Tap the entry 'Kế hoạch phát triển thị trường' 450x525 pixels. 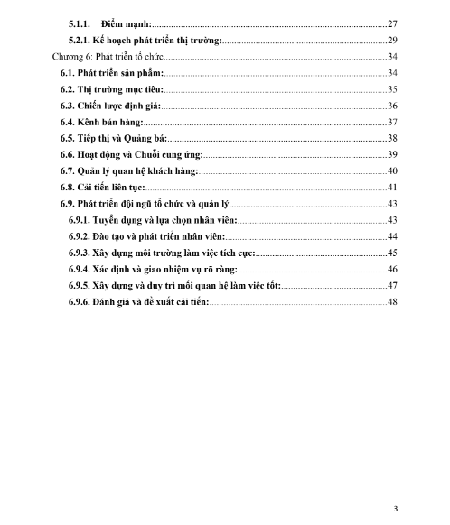[158, 41]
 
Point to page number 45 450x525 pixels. [392, 253]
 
